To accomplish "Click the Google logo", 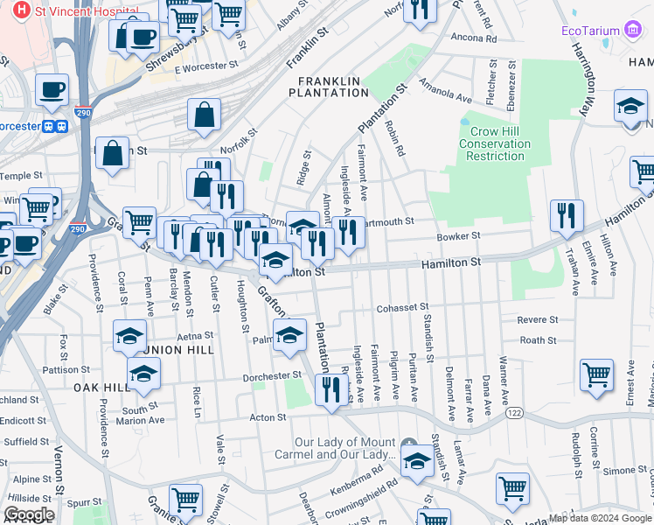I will (x=29, y=514).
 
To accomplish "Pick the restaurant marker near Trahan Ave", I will (x=567, y=216).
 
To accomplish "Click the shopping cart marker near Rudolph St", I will (x=596, y=374).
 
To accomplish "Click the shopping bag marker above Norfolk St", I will (x=204, y=115).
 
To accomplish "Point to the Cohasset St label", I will (x=402, y=308).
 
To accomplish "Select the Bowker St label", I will (x=459, y=236).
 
